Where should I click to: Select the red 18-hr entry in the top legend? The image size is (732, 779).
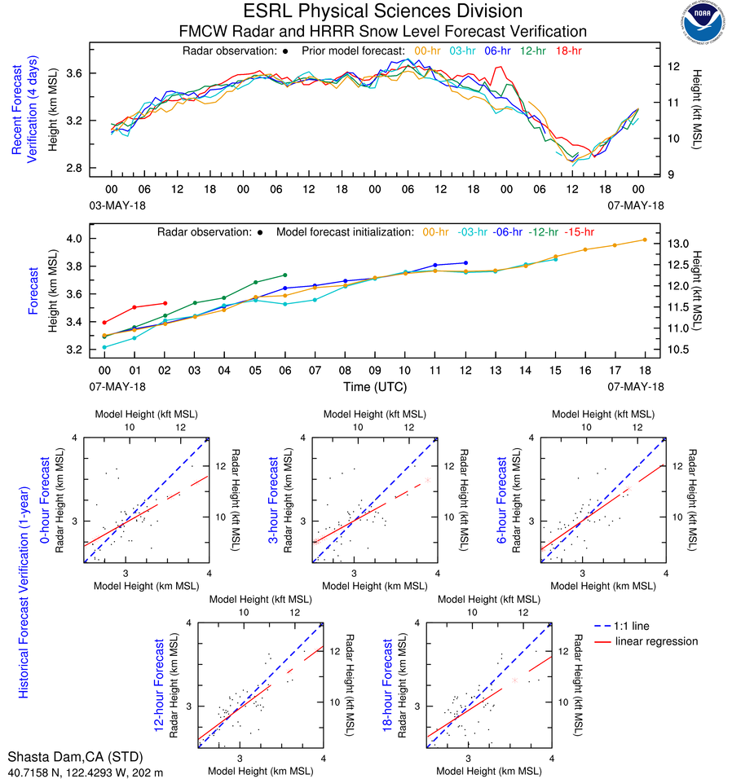[x=569, y=51]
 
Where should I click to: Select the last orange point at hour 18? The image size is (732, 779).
[x=645, y=240]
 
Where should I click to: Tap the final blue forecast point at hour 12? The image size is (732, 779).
[x=465, y=262]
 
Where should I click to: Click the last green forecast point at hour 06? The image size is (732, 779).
[x=284, y=275]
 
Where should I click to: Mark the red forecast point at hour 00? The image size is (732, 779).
[x=104, y=323]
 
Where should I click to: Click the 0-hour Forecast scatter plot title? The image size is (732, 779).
[x=46, y=505]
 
